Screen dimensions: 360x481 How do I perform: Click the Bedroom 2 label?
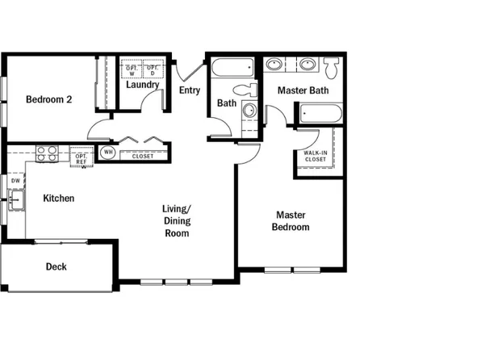point(49,100)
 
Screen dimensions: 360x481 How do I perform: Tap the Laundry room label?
point(142,84)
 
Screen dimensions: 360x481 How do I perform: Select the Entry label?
point(190,90)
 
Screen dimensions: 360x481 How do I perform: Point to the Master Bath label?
point(303,90)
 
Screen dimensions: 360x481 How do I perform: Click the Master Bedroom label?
point(292,221)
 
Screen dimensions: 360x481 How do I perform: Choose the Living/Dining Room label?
point(177,221)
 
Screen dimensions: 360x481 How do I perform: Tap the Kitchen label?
point(59,198)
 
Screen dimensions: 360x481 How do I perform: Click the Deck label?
point(56,266)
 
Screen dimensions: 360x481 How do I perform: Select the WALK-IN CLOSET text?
point(316,156)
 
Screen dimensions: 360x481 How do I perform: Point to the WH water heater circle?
point(108,152)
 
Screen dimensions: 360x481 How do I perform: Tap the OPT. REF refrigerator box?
point(82,157)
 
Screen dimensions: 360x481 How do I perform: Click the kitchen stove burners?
point(47,153)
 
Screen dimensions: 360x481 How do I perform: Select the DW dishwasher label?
point(15,181)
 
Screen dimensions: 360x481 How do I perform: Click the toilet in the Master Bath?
point(331,65)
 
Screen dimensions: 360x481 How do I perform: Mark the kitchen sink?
point(15,200)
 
